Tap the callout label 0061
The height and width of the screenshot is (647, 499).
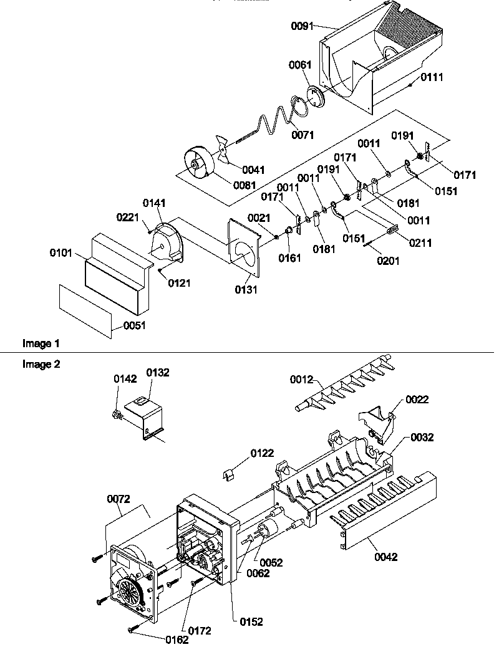click(299, 65)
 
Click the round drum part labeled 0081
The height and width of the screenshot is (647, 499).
click(200, 163)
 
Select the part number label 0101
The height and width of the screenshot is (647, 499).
click(61, 254)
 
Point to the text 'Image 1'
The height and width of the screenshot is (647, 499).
click(41, 343)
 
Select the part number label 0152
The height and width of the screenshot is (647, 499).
click(251, 621)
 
